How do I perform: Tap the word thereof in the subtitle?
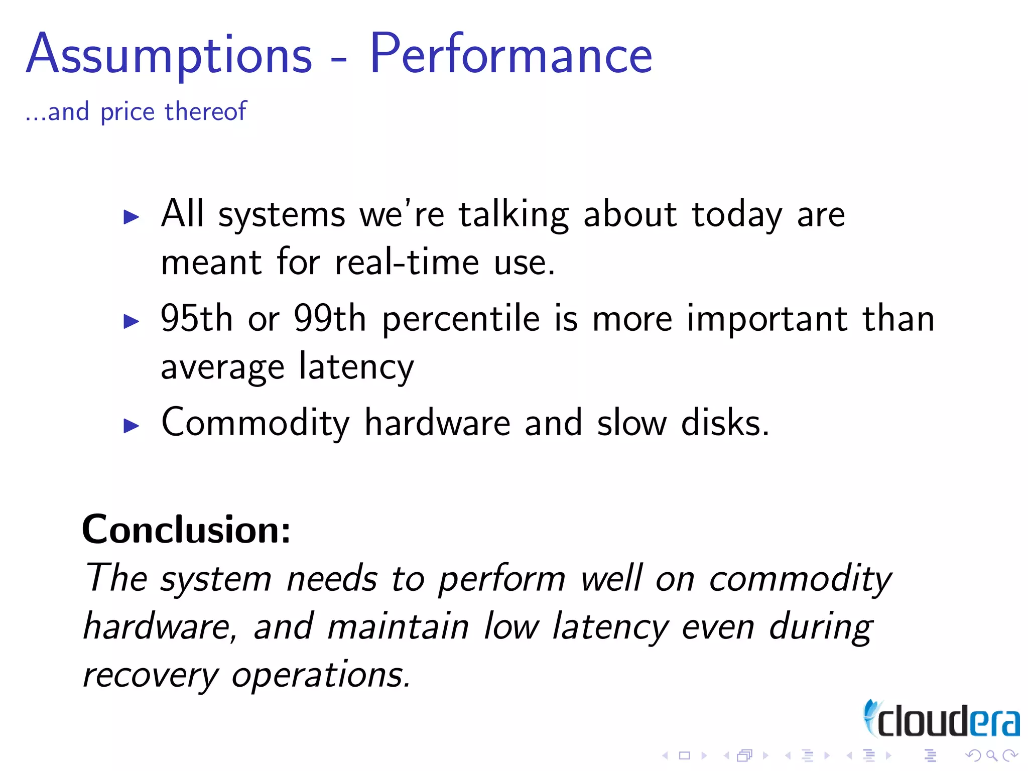coord(206,111)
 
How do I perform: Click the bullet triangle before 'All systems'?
coord(132,217)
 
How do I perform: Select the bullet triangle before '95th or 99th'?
coord(132,321)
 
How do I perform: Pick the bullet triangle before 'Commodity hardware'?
coord(132,426)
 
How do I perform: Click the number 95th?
coord(196,318)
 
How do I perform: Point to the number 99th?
coord(330,318)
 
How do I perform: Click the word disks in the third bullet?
coord(724,423)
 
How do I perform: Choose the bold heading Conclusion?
coord(186,530)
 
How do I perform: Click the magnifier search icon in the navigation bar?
coord(991,755)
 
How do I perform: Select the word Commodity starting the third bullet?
coord(255,424)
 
